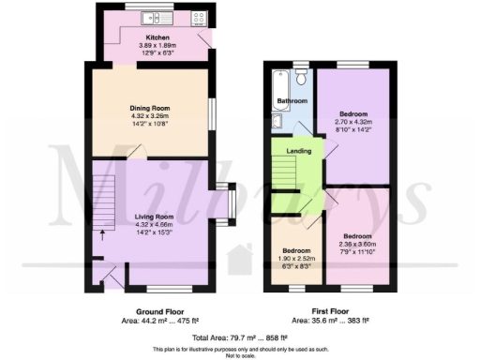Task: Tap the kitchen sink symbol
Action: (152, 18)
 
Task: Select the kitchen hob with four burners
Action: (199, 17)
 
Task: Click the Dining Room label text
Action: (150, 107)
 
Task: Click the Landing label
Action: (299, 149)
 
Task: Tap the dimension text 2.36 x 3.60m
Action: (357, 242)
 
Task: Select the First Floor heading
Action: (331, 311)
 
